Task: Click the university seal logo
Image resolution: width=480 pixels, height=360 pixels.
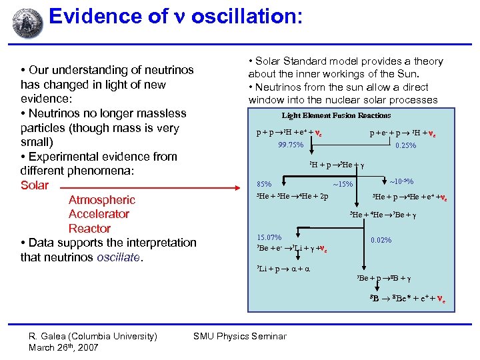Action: tap(27, 24)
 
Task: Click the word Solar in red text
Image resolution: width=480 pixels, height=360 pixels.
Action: tap(35, 185)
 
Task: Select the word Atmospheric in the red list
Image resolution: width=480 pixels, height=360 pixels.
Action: tap(101, 200)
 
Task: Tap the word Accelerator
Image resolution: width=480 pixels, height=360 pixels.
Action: tap(99, 214)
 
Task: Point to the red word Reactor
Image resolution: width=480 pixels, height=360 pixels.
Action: tap(89, 229)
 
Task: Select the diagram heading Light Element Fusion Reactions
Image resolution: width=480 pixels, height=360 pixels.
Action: tap(336, 115)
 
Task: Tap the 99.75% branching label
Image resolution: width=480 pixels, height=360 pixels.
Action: tap(290, 145)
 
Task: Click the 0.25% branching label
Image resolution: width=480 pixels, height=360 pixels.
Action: tap(405, 145)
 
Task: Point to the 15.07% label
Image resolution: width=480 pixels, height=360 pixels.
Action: tap(269, 237)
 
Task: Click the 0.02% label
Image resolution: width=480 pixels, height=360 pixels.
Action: tap(381, 240)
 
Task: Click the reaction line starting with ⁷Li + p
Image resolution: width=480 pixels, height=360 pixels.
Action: tap(283, 269)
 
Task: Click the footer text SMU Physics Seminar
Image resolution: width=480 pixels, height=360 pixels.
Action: tap(240, 336)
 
